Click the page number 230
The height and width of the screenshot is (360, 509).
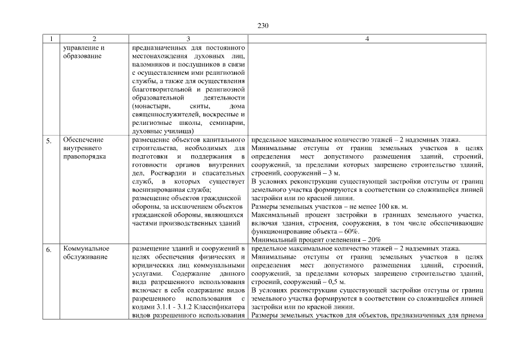tap(263, 26)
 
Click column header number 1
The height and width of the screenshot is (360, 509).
tap(51, 39)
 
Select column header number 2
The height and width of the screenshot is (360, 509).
tap(94, 39)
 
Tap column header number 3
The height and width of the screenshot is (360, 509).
tap(188, 39)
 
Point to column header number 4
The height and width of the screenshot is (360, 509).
tap(367, 39)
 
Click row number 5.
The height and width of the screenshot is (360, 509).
tap(49, 142)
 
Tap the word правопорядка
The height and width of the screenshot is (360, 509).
tap(85, 156)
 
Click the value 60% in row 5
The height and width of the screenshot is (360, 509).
tap(351, 231)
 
